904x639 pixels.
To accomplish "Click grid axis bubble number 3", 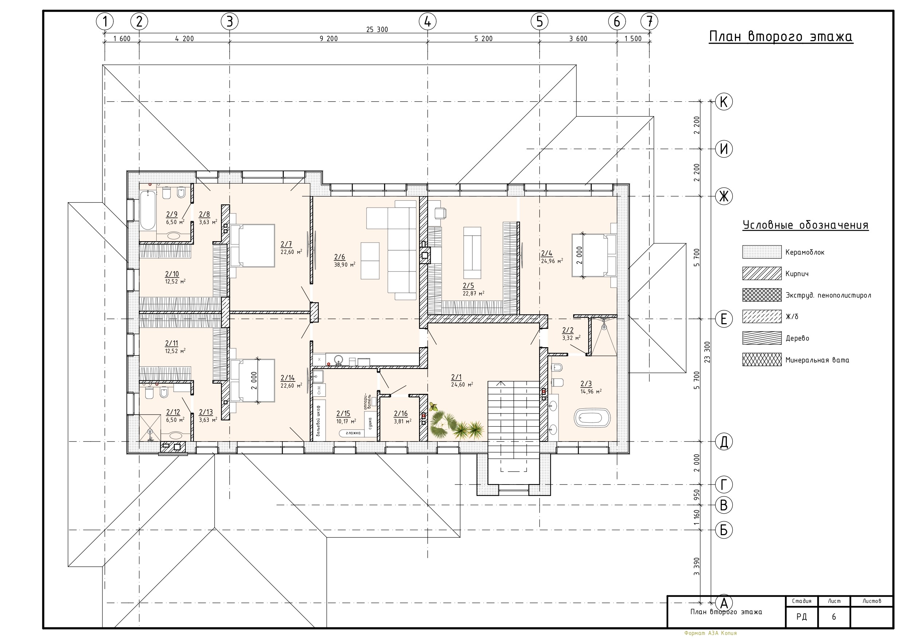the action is click(x=230, y=21).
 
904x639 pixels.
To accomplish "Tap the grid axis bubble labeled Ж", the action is click(x=724, y=196).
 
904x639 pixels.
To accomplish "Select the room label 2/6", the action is click(x=339, y=257).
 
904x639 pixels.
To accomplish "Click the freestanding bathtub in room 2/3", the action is click(x=592, y=418).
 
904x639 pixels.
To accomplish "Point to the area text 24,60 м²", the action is click(x=462, y=385).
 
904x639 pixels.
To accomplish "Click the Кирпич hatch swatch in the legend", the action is click(x=762, y=273).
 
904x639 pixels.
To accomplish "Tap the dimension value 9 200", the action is click(x=328, y=39).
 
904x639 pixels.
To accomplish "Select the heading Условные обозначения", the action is click(x=806, y=225).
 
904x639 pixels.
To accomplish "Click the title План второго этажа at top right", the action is click(x=781, y=36).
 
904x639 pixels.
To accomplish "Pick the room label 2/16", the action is click(x=401, y=413).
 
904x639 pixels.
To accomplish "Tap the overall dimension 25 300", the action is click(x=377, y=30).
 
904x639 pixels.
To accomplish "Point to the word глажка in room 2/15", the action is click(x=353, y=433).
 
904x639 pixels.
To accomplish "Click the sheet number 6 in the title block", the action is click(x=834, y=616).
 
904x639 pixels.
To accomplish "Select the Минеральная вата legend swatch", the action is click(x=762, y=360).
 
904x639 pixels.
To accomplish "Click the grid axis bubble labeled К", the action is click(x=724, y=102).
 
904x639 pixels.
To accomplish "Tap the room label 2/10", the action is click(x=172, y=274).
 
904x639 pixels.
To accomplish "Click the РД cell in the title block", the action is click(x=802, y=616).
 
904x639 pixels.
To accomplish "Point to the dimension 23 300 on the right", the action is click(x=707, y=352).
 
